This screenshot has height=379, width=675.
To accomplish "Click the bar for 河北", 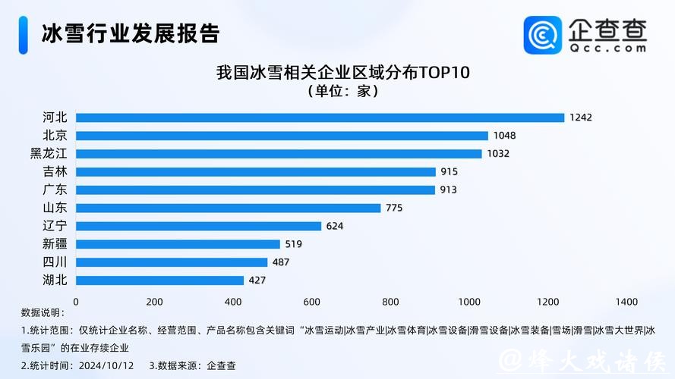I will coord(320,117).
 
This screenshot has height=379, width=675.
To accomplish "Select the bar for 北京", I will coord(282,136).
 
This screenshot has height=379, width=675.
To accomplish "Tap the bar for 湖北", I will coord(159,280).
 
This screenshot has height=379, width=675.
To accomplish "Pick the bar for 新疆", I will coord(178,244).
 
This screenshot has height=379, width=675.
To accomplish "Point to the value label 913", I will coord(449,189).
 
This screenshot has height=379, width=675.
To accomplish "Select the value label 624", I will coord(335,226).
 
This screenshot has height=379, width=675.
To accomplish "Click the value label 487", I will coord(281,262).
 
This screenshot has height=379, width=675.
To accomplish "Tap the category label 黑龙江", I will coord(49,153).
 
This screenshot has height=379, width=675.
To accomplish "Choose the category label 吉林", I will coord(55,171).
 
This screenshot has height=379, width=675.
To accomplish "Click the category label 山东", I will coord(55,208).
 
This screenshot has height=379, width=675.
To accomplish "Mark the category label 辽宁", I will coord(55,226).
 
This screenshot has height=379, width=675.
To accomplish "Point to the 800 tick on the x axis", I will coord(390,302).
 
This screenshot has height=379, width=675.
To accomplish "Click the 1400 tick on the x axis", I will coord(626,302).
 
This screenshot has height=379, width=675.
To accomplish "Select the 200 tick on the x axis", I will coord(154,302).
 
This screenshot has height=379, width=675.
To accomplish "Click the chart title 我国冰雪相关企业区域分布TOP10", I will coord(343,74).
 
